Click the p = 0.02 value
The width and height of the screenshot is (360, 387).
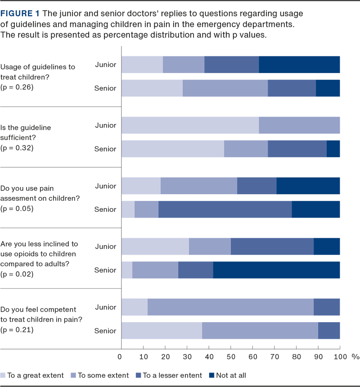pyautogui.click(x=17, y=274)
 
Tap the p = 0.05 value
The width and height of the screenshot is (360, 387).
pyautogui.click(x=17, y=209)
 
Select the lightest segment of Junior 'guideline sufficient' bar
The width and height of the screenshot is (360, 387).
pyautogui.click(x=190, y=125)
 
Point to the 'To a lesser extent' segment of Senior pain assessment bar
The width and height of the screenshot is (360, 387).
pyautogui.click(x=225, y=209)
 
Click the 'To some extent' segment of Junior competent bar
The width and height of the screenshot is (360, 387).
pyautogui.click(x=230, y=307)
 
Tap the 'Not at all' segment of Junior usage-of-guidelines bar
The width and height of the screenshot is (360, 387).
pyautogui.click(x=299, y=64)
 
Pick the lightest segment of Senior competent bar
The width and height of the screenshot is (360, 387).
pyautogui.click(x=162, y=331)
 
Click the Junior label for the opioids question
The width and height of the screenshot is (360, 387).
pyautogui.click(x=105, y=246)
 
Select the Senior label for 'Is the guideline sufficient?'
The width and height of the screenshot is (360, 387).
pyautogui.click(x=105, y=149)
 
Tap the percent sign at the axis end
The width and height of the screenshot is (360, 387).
pyautogui.click(x=355, y=357)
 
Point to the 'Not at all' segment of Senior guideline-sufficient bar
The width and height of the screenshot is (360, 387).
pyautogui.click(x=333, y=149)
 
